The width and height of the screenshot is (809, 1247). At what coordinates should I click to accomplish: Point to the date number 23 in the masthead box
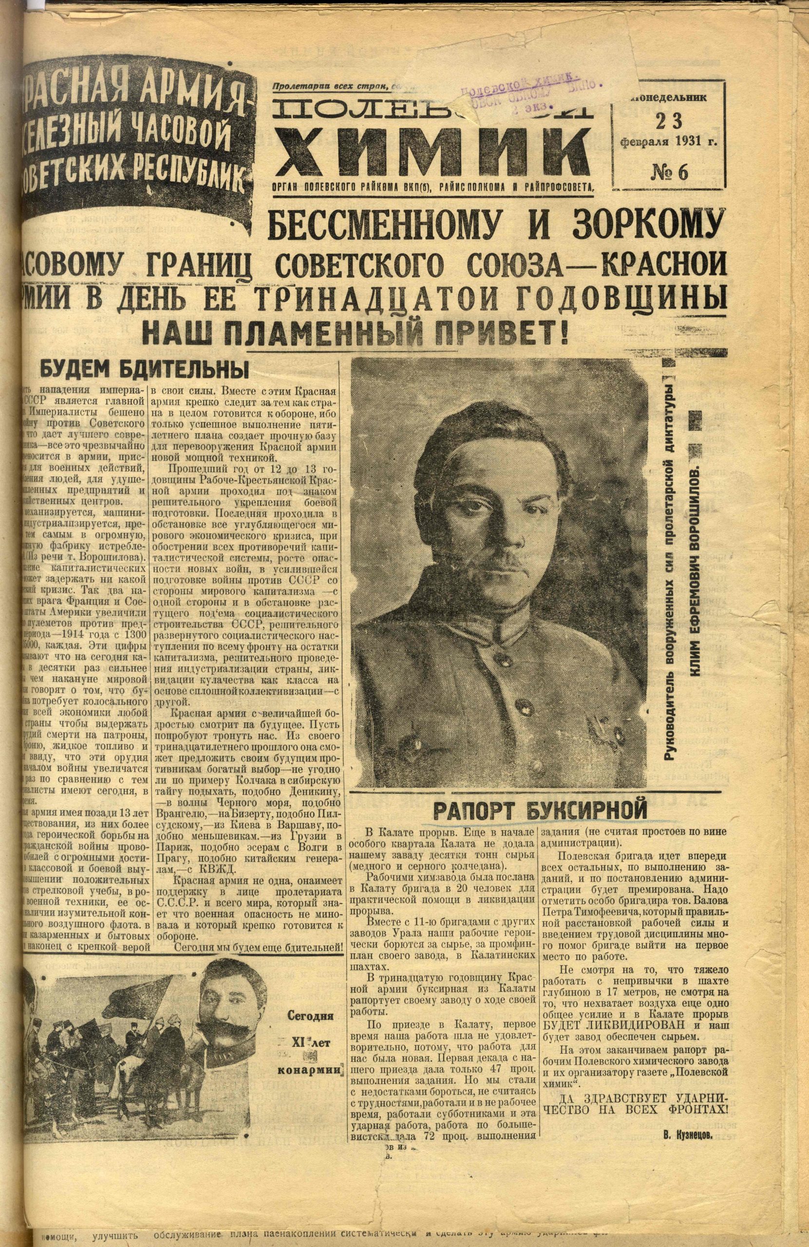[x=669, y=122]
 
